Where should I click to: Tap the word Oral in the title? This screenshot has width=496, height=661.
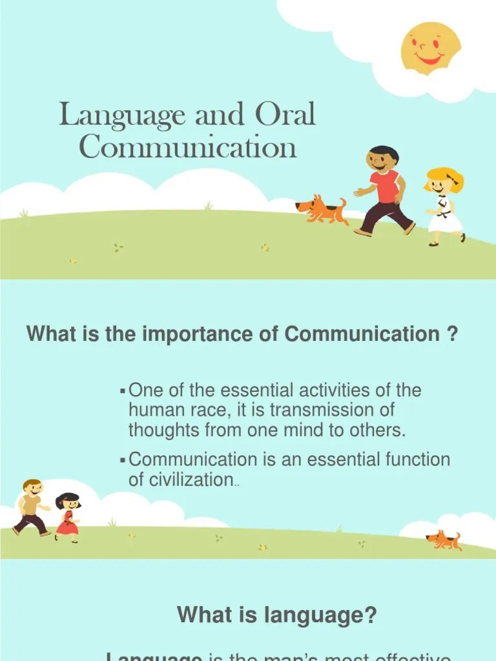pos(285,116)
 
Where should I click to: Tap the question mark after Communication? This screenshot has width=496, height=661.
pos(452,334)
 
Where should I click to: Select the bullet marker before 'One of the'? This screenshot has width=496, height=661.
pos(123,391)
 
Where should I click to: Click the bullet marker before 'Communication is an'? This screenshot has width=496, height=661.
pos(123,460)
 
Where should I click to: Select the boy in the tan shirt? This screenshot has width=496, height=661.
pos(31,507)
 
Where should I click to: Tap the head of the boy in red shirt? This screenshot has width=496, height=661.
pos(382,159)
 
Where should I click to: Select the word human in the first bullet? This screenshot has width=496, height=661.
pos(155,410)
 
